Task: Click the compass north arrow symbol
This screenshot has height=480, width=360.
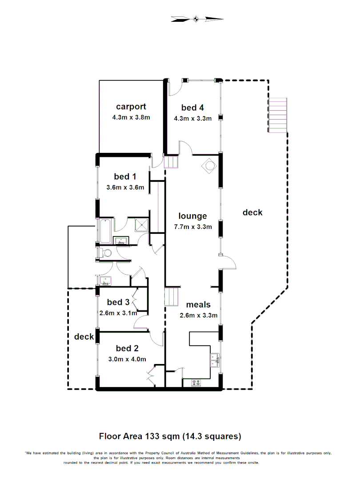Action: click(196, 19)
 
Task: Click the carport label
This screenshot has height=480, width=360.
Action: click(131, 107)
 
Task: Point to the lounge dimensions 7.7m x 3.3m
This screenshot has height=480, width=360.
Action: click(192, 227)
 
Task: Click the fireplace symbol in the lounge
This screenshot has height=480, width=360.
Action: click(208, 166)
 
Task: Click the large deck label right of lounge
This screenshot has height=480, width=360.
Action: click(252, 212)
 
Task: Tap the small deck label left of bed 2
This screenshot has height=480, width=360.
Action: click(84, 336)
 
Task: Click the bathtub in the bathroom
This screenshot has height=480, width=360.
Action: click(106, 231)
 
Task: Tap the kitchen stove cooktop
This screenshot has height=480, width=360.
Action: click(196, 382)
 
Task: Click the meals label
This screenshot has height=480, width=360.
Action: click(198, 305)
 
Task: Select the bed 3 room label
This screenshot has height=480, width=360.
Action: click(118, 302)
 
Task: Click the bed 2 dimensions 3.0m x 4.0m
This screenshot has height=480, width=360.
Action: click(127, 360)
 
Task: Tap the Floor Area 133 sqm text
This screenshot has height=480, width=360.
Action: click(170, 436)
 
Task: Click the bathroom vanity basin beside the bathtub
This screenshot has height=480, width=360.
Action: click(120, 241)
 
